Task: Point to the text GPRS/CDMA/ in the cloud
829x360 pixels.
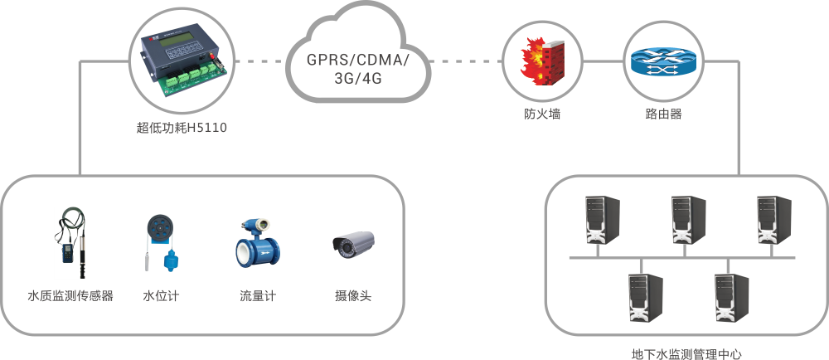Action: point(357,61)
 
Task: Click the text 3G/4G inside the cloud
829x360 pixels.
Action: point(358,80)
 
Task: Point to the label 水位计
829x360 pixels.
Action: point(160,295)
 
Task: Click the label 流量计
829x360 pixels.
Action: point(257,295)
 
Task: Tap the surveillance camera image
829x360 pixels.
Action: point(353,242)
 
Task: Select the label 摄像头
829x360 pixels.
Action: point(352,295)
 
